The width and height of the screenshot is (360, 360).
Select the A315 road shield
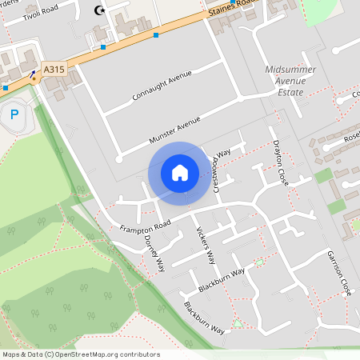click(54, 70)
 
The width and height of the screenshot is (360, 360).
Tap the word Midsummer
click(290, 70)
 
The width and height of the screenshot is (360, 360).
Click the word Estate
click(290, 92)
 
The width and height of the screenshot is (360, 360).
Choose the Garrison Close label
click(339, 273)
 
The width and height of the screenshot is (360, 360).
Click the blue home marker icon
click(179, 173)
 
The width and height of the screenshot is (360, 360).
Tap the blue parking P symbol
click(14, 114)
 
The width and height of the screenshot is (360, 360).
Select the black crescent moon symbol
click(100, 10)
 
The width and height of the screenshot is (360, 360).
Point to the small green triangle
click(237, 323)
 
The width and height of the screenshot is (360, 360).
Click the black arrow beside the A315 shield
click(34, 75)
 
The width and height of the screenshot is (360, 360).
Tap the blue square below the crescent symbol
click(103, 46)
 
